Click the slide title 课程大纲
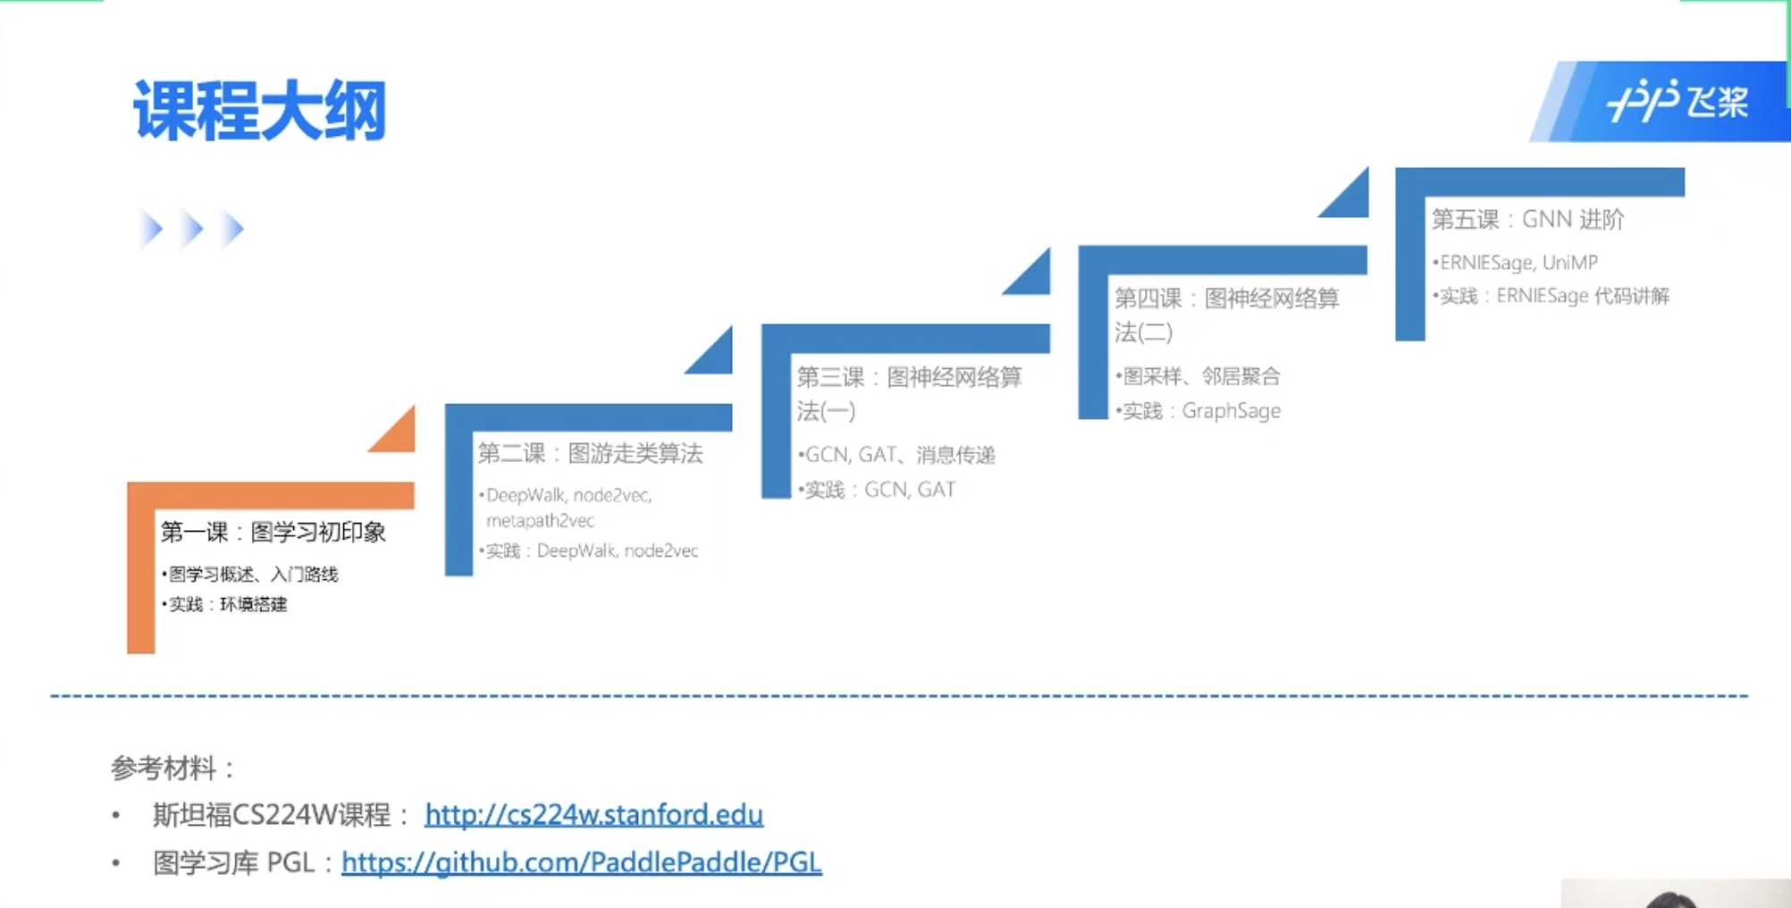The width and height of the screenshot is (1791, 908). (x=259, y=111)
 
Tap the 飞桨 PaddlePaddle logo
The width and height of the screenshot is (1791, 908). (x=1677, y=101)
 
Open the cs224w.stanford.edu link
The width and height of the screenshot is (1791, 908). (x=593, y=814)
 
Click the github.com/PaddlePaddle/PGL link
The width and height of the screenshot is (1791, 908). (x=581, y=862)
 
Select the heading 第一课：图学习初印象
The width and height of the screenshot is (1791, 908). (x=273, y=532)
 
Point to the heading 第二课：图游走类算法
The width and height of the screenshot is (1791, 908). (x=590, y=453)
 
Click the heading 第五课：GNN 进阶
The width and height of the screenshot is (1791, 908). (x=1527, y=219)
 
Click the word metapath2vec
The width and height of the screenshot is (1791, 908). (x=540, y=520)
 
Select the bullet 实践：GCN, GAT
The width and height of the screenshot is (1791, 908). (x=879, y=490)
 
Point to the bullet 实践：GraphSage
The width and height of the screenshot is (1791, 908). (x=1200, y=410)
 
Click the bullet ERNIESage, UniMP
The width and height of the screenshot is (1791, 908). (x=1518, y=262)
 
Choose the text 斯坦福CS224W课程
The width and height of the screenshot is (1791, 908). (x=272, y=814)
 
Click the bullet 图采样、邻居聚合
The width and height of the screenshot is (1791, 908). (x=1200, y=376)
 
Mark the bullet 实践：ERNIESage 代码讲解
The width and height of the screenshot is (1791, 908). (x=1553, y=296)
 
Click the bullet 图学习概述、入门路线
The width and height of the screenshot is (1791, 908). (x=253, y=574)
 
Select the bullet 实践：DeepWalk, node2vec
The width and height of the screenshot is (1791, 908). (x=591, y=551)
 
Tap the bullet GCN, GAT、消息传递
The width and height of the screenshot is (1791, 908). (x=899, y=455)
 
